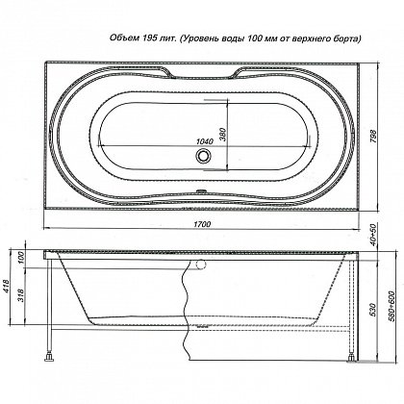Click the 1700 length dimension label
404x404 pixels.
coord(202,224)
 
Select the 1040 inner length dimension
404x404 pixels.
coord(205,141)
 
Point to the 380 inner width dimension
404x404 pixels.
coord(223,136)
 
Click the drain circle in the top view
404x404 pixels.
coord(203,156)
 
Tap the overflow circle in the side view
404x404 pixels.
coord(201,264)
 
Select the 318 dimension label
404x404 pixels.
coord(21,295)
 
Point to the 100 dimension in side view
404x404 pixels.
coord(21,258)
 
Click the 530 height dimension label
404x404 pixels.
coord(373,311)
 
